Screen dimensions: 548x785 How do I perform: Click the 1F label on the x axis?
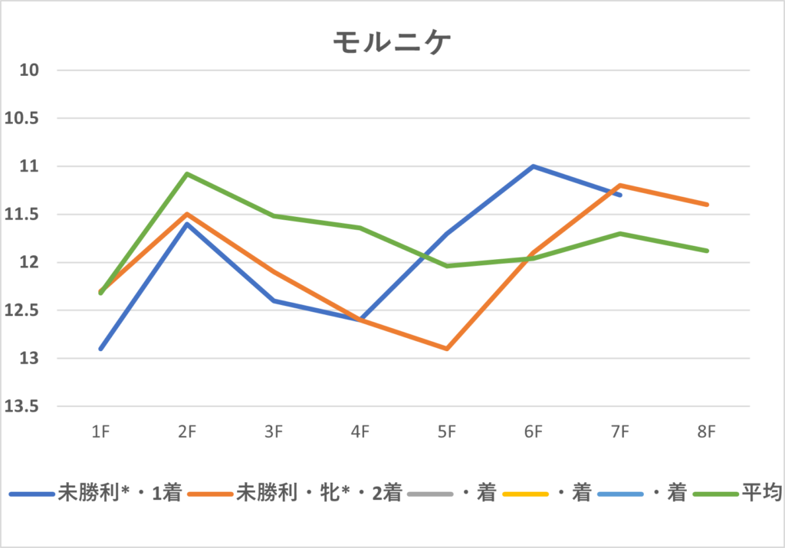(100, 432)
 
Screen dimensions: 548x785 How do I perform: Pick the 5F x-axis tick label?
(447, 432)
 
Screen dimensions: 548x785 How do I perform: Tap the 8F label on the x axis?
(707, 432)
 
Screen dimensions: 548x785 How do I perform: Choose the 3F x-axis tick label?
(274, 432)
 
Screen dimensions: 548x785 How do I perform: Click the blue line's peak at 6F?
(534, 166)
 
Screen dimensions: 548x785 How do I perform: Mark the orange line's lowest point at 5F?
(447, 349)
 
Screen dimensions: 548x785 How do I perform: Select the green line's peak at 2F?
(187, 174)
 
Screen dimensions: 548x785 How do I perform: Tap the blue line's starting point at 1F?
(100, 349)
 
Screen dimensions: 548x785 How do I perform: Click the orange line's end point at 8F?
(707, 205)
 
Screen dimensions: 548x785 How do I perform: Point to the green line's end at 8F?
(707, 251)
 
